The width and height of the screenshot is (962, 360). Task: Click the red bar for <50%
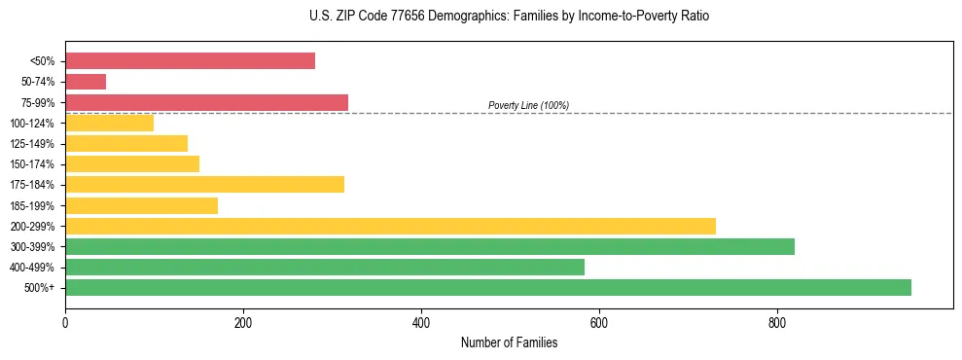pos(190,61)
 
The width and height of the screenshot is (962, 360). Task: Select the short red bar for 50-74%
pos(86,82)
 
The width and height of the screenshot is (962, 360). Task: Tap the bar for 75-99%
pos(206,102)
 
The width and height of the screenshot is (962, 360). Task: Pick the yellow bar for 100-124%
pos(109,123)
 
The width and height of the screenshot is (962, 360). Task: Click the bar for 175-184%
pos(204,185)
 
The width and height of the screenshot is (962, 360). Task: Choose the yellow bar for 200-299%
pos(390,226)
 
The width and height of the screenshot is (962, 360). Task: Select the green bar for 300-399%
pos(430,246)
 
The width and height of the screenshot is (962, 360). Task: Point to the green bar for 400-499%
pos(325,267)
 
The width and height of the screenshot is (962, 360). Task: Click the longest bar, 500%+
pos(488,287)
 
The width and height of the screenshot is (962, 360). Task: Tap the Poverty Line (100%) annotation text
pos(528,105)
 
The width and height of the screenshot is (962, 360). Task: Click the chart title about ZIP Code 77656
pos(511,17)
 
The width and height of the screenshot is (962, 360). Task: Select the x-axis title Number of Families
pos(509,342)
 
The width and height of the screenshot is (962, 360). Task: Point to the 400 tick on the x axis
pos(421,321)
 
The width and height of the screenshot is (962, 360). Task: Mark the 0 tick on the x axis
pos(65,321)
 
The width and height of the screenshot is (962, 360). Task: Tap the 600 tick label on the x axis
pos(599,321)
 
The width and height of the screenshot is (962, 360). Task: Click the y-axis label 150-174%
pos(32,164)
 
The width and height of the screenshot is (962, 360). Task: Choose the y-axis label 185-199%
pos(32,205)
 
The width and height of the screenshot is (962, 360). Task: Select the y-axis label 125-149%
pos(32,144)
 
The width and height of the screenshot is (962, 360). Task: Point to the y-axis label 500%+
pos(39,288)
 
